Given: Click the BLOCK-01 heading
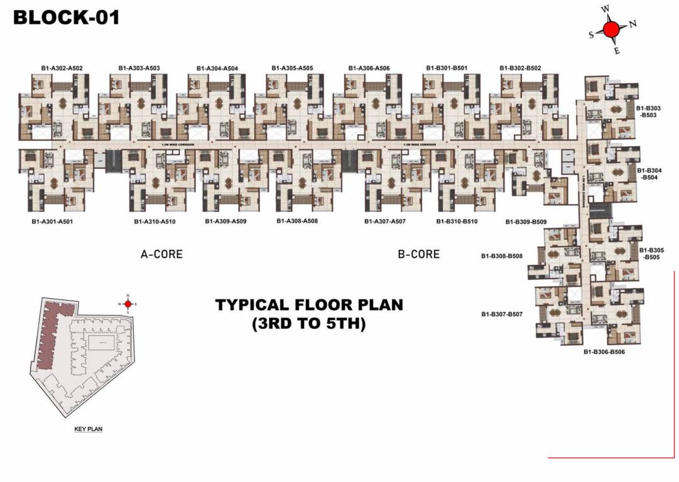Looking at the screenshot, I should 66,17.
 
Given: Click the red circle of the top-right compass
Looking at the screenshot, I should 611,29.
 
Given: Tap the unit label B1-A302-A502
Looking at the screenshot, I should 62,68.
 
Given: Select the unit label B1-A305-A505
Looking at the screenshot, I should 292,68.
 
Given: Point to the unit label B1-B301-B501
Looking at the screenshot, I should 447,68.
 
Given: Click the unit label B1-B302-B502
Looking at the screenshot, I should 520,68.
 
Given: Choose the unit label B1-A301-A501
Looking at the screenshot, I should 53,222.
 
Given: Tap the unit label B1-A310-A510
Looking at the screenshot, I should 155,222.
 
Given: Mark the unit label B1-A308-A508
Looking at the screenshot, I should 297,221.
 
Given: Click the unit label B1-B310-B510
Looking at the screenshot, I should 457,222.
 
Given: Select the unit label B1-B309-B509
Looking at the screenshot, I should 526,222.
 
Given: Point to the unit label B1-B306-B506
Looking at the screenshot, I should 604,352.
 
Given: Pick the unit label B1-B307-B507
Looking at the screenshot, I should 502,314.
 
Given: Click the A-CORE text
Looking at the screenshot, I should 161,254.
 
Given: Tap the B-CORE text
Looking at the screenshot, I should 419,254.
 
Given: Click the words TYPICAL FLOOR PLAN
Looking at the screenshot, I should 309,305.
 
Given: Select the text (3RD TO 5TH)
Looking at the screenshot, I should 309,324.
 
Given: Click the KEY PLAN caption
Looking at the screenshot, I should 88,429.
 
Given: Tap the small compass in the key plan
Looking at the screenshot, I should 128,304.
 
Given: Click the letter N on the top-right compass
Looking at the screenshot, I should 633,24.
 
